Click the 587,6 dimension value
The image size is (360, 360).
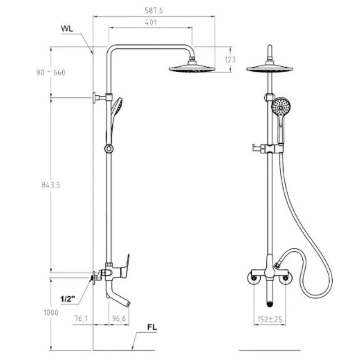tap(154, 10)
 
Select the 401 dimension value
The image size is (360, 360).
tap(151, 22)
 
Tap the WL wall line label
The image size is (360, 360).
tap(67, 28)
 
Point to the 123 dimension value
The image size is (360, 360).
tap(230, 60)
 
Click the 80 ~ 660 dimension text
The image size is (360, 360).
tap(51, 72)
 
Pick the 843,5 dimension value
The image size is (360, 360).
tap(51, 185)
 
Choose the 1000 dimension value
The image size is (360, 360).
tap(51, 312)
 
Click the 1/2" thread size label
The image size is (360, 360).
tap(68, 299)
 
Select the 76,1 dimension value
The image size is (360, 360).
tap(81, 319)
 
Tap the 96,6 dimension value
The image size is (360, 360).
tap(119, 319)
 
